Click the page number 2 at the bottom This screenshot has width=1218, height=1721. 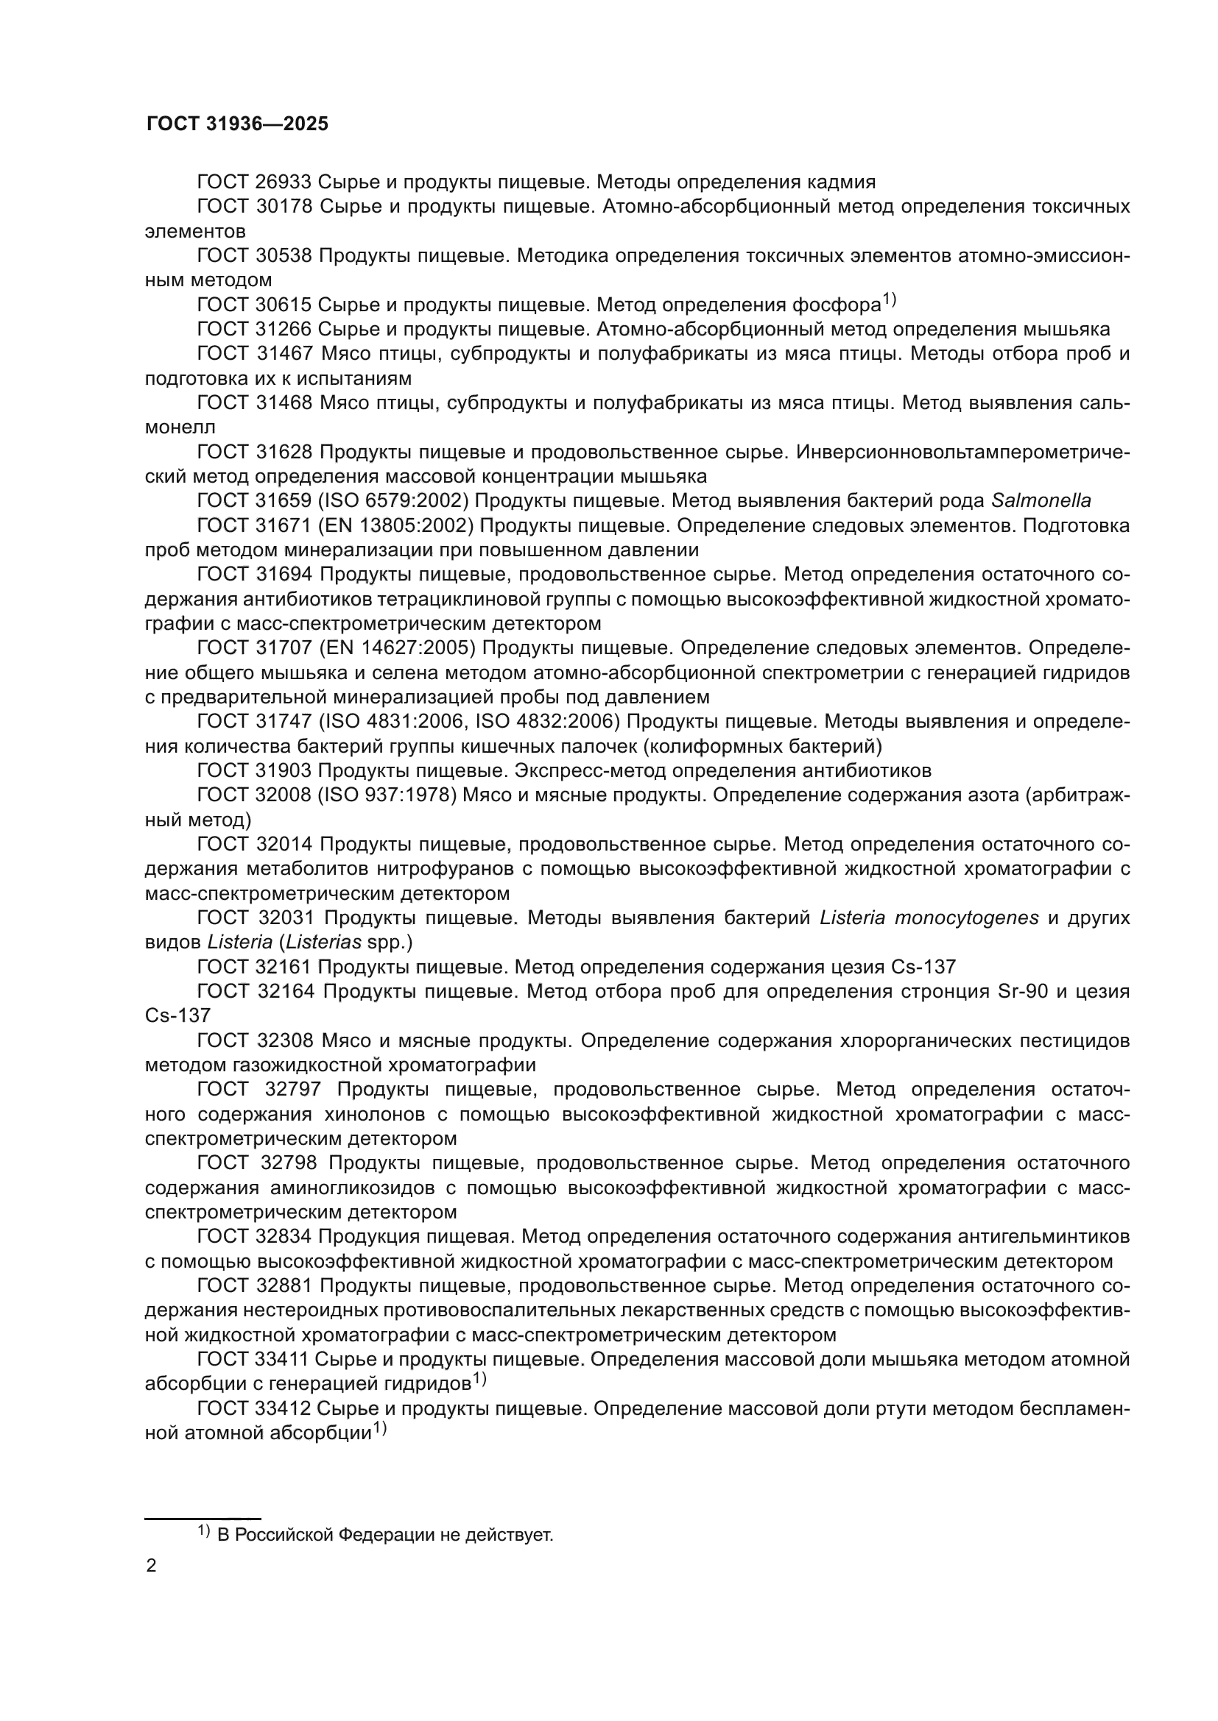pyautogui.click(x=152, y=1566)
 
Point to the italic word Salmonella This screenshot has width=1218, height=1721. pyautogui.click(x=1041, y=502)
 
